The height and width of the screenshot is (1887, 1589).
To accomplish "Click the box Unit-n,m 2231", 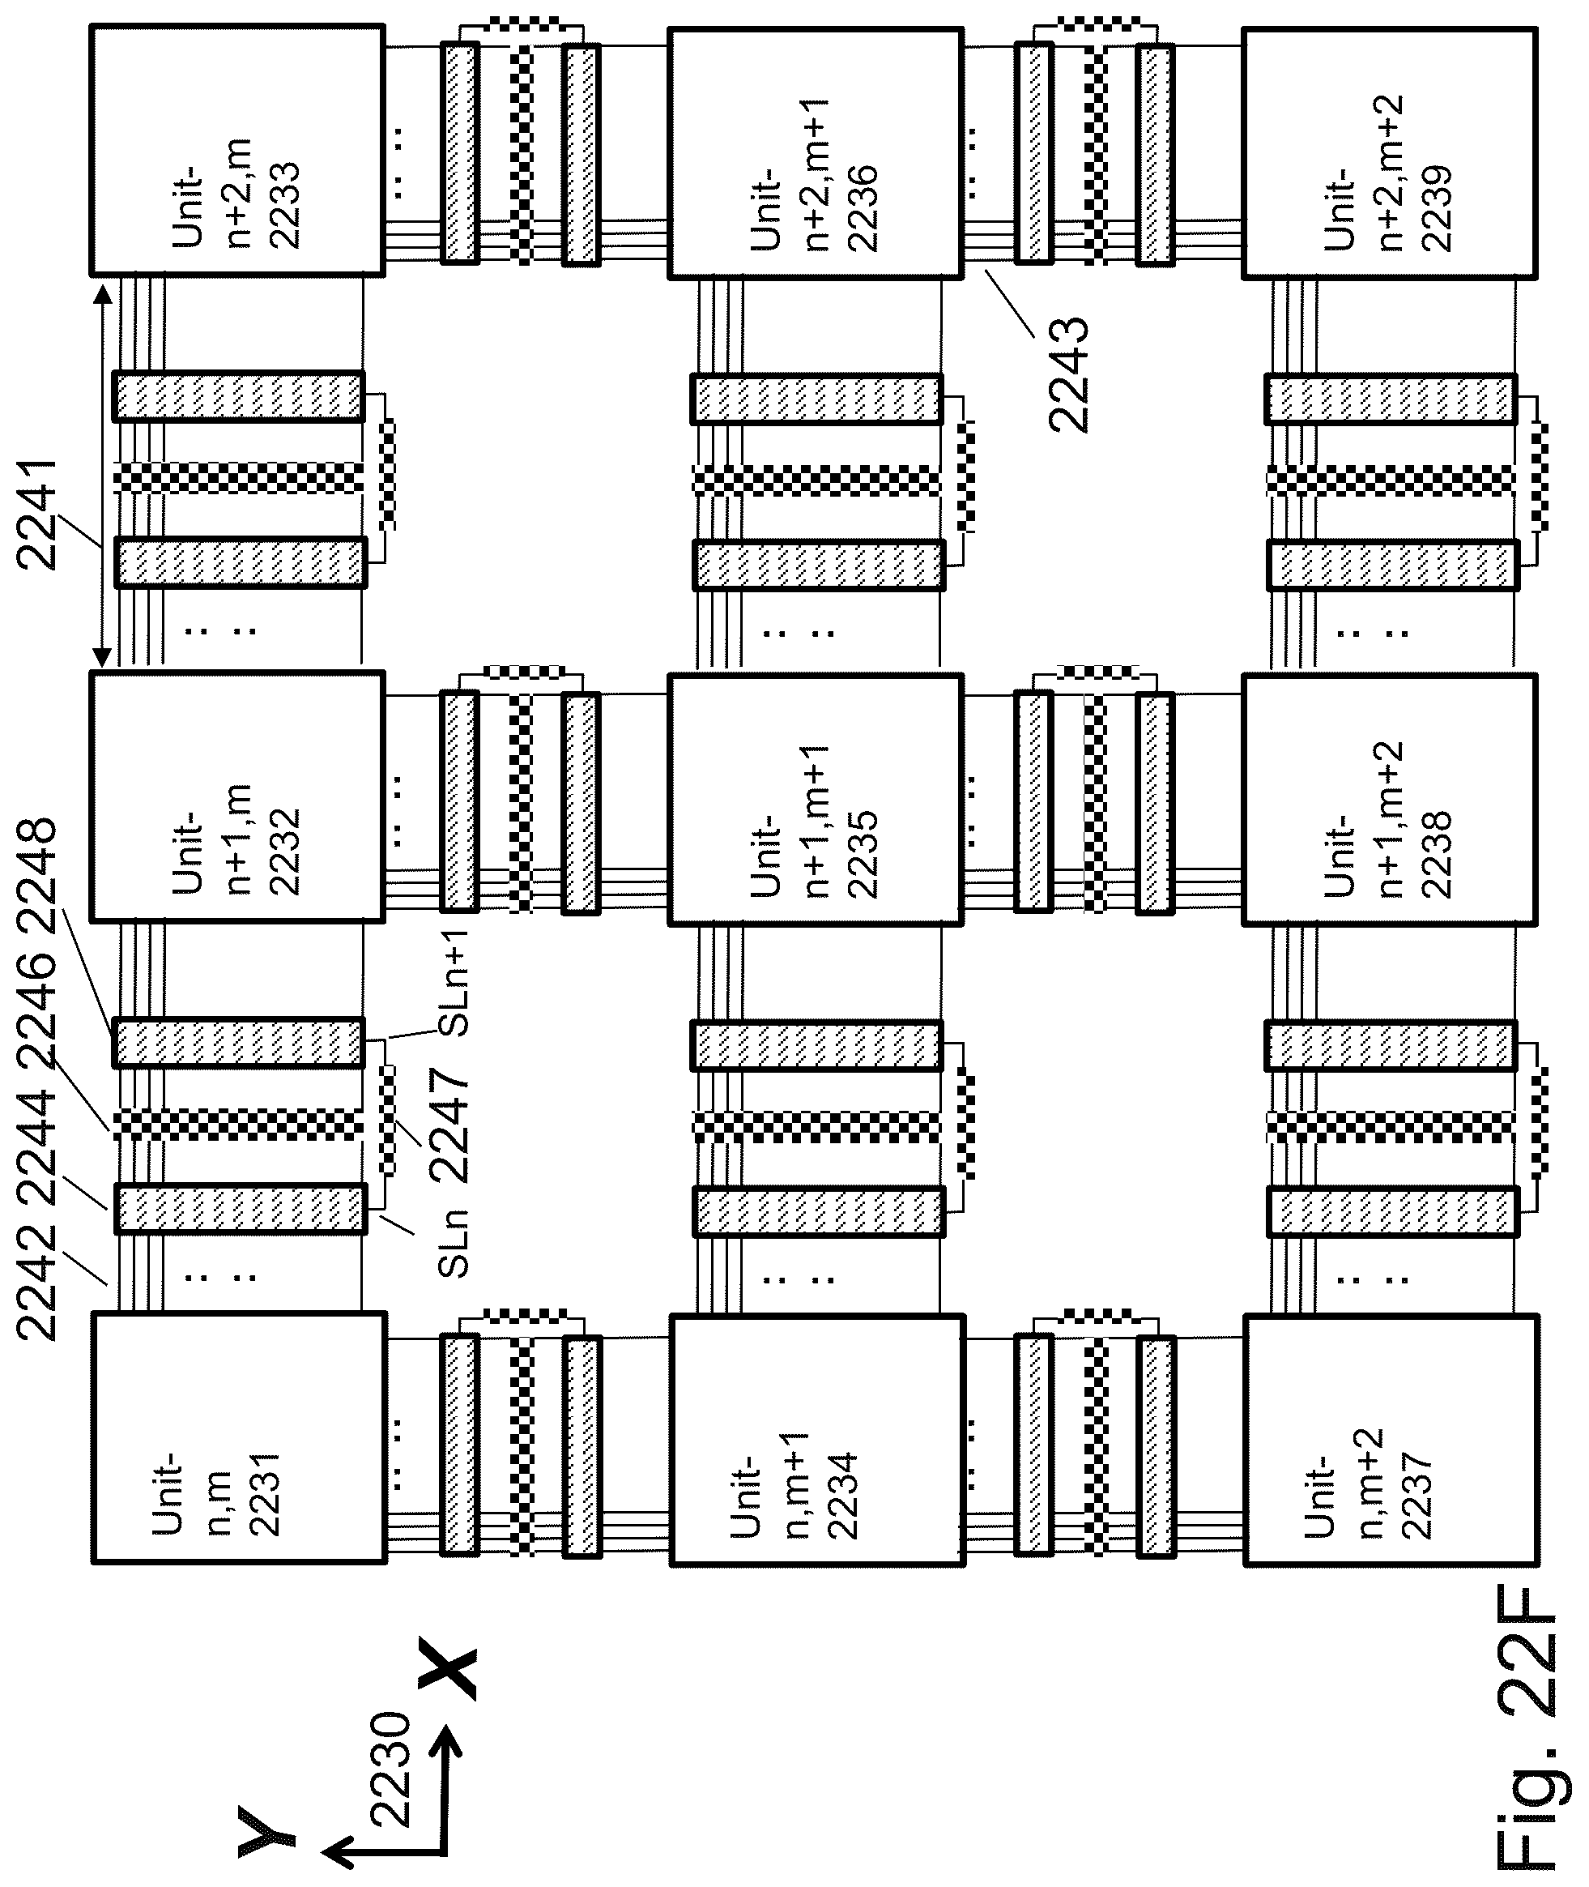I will [x=239, y=1437].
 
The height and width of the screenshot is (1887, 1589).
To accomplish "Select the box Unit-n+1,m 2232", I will [x=238, y=796].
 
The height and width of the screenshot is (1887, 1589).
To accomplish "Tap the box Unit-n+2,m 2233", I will [x=238, y=150].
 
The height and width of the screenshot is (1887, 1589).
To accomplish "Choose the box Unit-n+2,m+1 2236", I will [x=816, y=153].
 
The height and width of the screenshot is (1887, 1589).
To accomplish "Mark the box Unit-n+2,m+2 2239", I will [x=1391, y=153].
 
